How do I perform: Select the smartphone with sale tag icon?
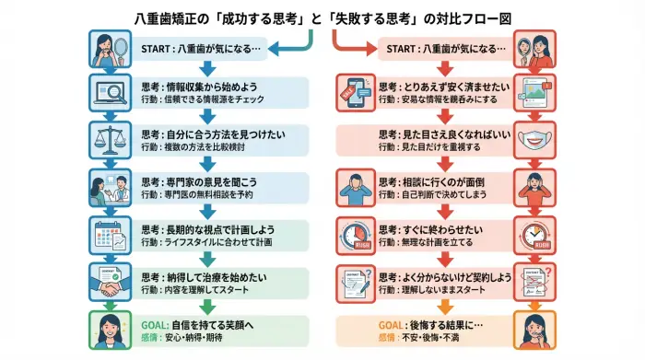coord(356,93)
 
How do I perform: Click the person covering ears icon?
coord(356,187)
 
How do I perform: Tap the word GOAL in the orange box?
coord(392,324)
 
